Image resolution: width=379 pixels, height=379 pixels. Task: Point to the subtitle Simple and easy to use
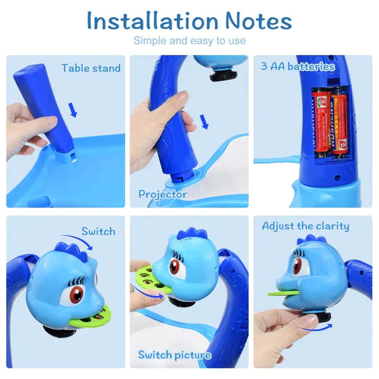189,41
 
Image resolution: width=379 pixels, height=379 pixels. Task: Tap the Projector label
162,194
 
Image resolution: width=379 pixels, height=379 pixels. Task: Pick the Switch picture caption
174,355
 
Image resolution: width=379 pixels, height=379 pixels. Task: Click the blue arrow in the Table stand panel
74,111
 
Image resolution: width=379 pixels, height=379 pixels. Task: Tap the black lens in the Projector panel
220,76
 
